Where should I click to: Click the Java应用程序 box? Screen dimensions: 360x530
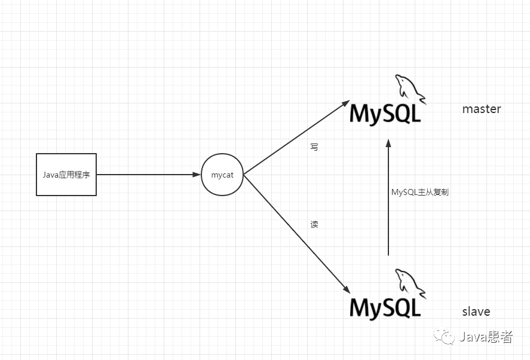(66, 175)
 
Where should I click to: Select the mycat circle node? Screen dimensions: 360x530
(222, 175)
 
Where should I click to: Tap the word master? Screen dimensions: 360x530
(482, 109)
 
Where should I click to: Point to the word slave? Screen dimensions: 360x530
(476, 312)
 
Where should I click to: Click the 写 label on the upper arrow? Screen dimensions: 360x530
(314, 147)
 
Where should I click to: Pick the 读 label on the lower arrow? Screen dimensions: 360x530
(314, 225)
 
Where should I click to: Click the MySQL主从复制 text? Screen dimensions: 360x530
(419, 193)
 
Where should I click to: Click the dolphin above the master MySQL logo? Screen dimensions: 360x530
(409, 89)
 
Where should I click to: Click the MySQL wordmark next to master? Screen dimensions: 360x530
(385, 114)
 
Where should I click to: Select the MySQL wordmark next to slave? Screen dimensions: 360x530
(385, 307)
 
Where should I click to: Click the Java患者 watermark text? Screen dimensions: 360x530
(486, 337)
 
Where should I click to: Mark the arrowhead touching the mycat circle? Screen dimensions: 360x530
(197, 175)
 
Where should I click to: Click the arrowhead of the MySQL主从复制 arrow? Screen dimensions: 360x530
(388, 143)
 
